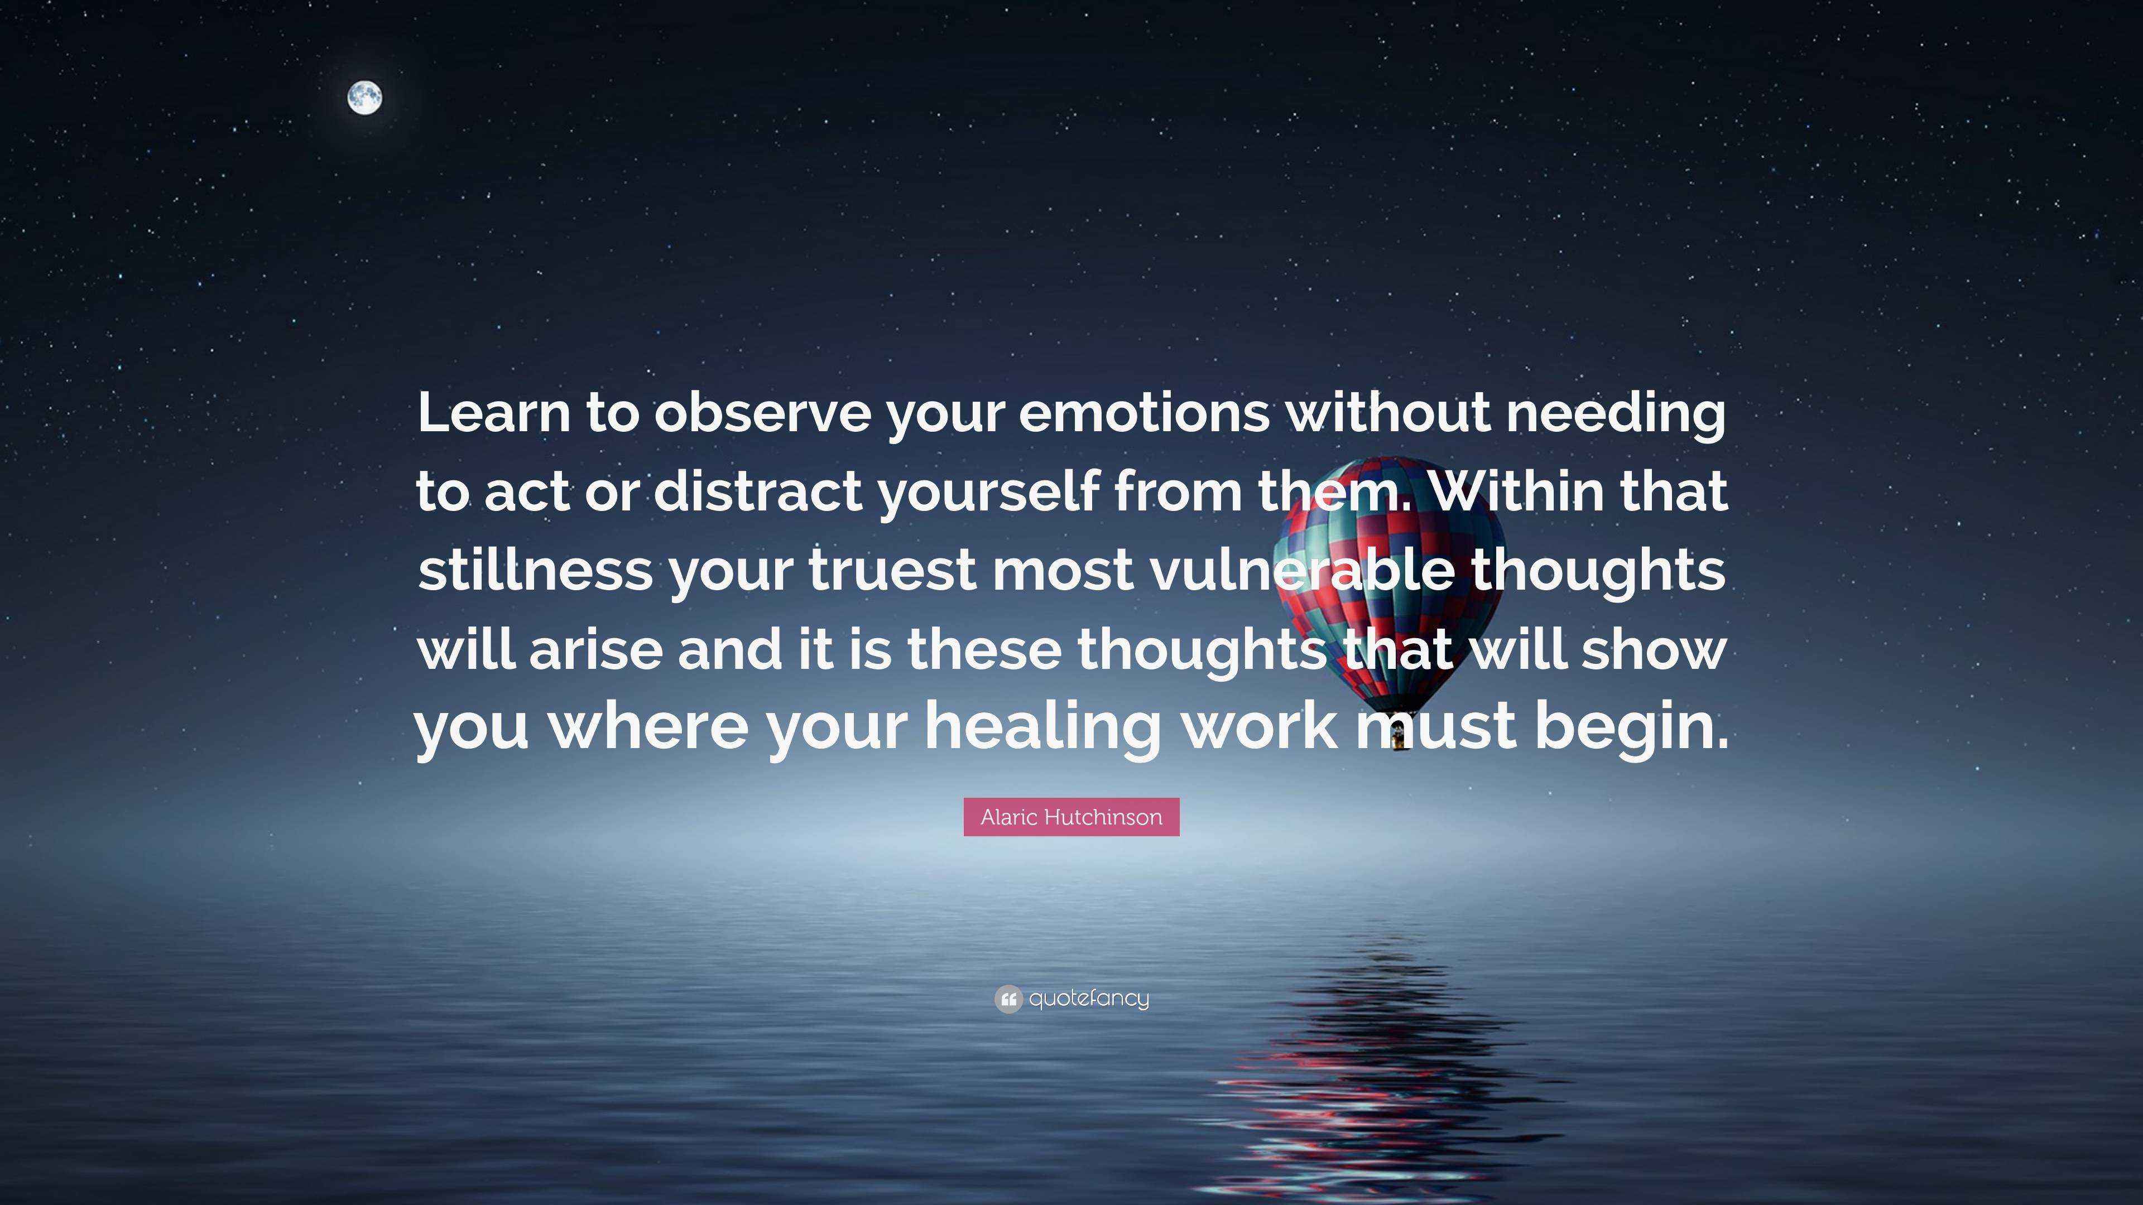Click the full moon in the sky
coord(364,98)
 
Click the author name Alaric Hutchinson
coord(1071,817)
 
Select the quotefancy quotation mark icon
coord(1007,999)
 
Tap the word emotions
coord(1144,413)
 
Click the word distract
coord(758,491)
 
